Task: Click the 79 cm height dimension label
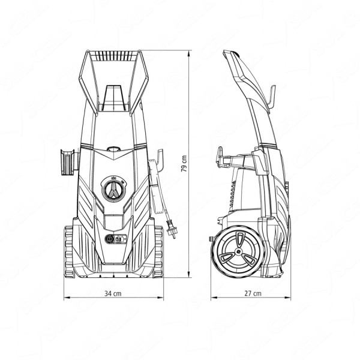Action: click(x=184, y=164)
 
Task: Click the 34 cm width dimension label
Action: click(x=113, y=293)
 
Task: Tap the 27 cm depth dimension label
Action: click(x=253, y=293)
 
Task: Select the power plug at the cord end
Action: click(x=171, y=230)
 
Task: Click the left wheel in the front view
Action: click(x=69, y=251)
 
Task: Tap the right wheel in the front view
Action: click(x=158, y=251)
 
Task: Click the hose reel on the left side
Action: click(x=68, y=161)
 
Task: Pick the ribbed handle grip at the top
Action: click(x=113, y=56)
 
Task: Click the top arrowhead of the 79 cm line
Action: click(x=189, y=53)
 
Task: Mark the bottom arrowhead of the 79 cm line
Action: click(x=189, y=275)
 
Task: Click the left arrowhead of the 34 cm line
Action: click(x=67, y=298)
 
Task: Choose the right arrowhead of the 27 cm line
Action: click(x=287, y=298)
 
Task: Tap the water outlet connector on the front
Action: click(x=110, y=239)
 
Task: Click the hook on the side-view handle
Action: click(x=271, y=99)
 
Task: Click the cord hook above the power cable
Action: click(x=160, y=159)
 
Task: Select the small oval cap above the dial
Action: click(x=113, y=149)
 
